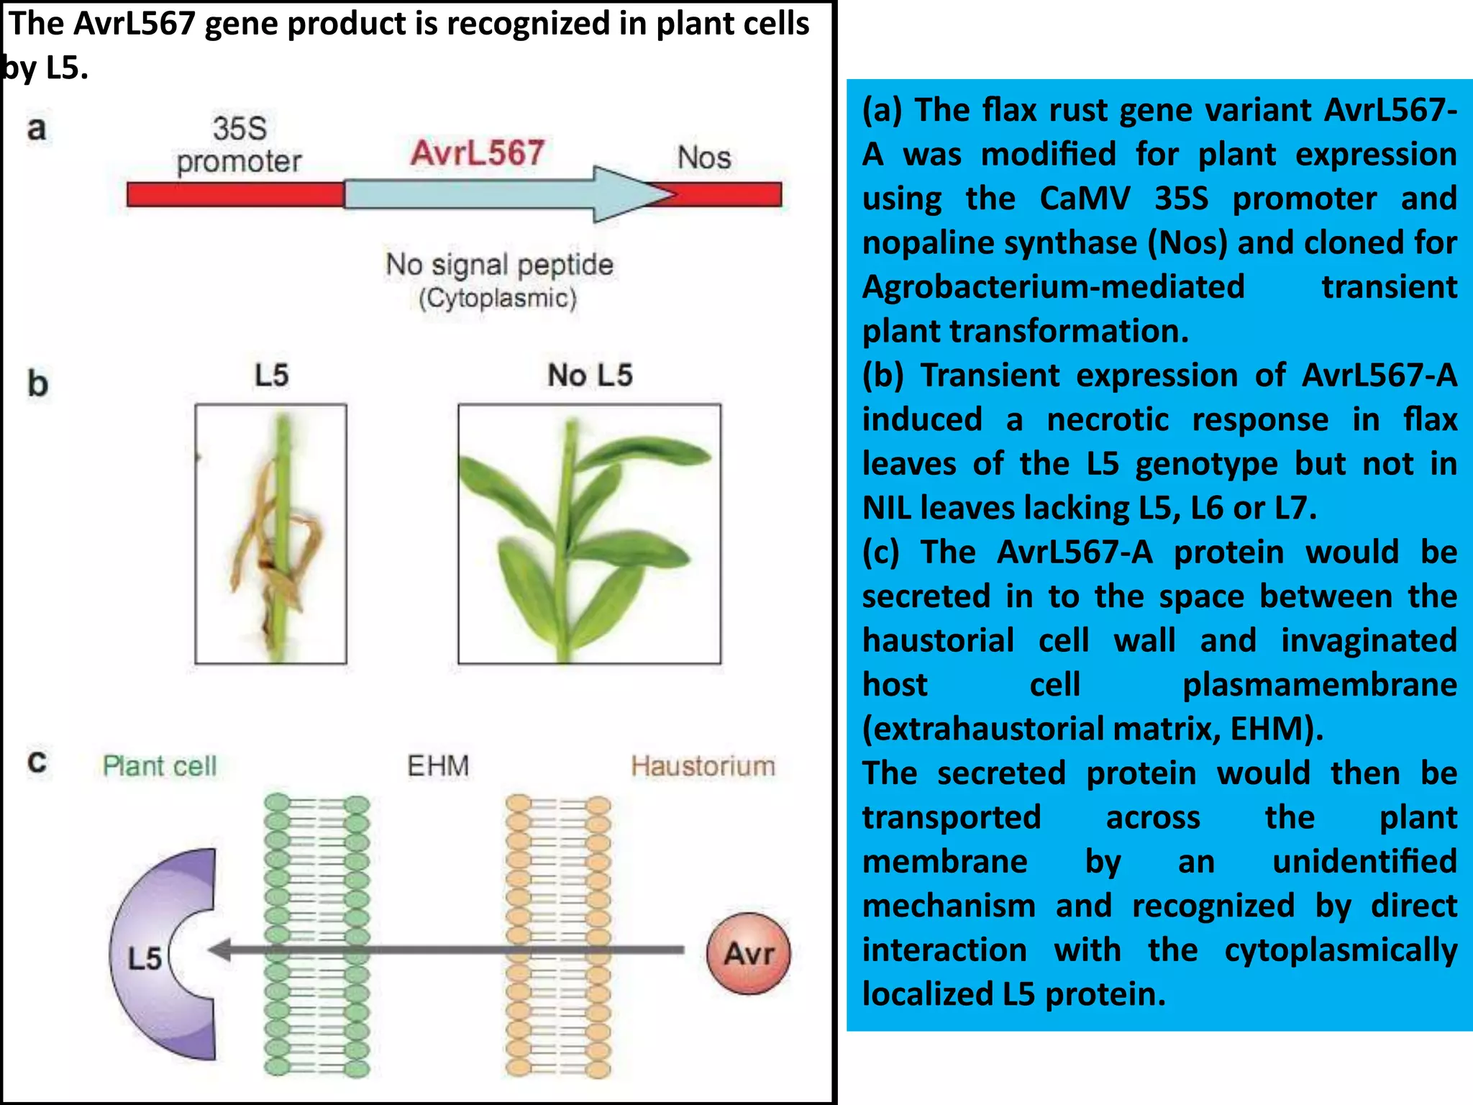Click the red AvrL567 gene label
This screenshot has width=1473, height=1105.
[477, 153]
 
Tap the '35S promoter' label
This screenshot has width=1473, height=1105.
[239, 145]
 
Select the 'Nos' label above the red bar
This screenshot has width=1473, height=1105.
[703, 158]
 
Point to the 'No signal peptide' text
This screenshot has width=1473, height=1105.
[499, 264]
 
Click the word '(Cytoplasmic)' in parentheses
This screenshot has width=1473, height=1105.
[498, 298]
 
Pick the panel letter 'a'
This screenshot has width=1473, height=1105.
[37, 129]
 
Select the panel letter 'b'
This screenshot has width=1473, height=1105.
[37, 383]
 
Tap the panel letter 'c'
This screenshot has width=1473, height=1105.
[37, 762]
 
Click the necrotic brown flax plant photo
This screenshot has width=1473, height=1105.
[271, 534]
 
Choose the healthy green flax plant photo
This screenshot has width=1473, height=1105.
[589, 534]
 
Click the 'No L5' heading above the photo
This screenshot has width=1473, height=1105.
[589, 375]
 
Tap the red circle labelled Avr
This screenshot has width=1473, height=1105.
[748, 953]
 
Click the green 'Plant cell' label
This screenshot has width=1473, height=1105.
[159, 766]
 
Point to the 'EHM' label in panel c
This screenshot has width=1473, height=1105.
[437, 765]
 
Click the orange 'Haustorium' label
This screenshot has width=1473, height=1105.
[703, 766]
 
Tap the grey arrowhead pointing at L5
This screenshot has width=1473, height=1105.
[220, 950]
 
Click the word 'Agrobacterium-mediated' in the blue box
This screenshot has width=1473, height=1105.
[1053, 286]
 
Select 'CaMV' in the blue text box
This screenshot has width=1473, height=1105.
[1085, 199]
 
